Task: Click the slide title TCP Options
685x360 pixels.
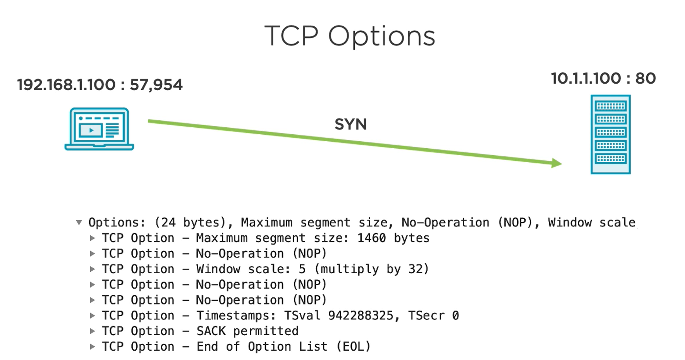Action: point(350,36)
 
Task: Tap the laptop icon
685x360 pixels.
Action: point(99,129)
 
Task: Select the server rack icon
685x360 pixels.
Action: point(611,134)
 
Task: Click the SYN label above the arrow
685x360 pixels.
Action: point(350,124)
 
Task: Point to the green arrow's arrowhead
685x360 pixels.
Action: point(556,163)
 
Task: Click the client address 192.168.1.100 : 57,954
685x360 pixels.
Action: point(100,85)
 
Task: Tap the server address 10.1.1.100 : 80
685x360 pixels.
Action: point(603,78)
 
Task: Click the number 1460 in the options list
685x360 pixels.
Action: point(371,238)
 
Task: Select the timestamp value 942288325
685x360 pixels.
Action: point(361,315)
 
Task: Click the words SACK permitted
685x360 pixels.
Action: point(247,331)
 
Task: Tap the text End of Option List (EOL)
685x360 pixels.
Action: point(283,346)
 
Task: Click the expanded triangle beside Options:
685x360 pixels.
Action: point(79,223)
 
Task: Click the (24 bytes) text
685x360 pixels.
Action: point(190,222)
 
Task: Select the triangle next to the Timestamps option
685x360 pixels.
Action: point(92,315)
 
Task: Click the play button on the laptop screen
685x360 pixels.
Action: point(91,130)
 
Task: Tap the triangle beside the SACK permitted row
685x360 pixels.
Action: point(92,331)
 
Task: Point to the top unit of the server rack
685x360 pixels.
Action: point(611,106)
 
